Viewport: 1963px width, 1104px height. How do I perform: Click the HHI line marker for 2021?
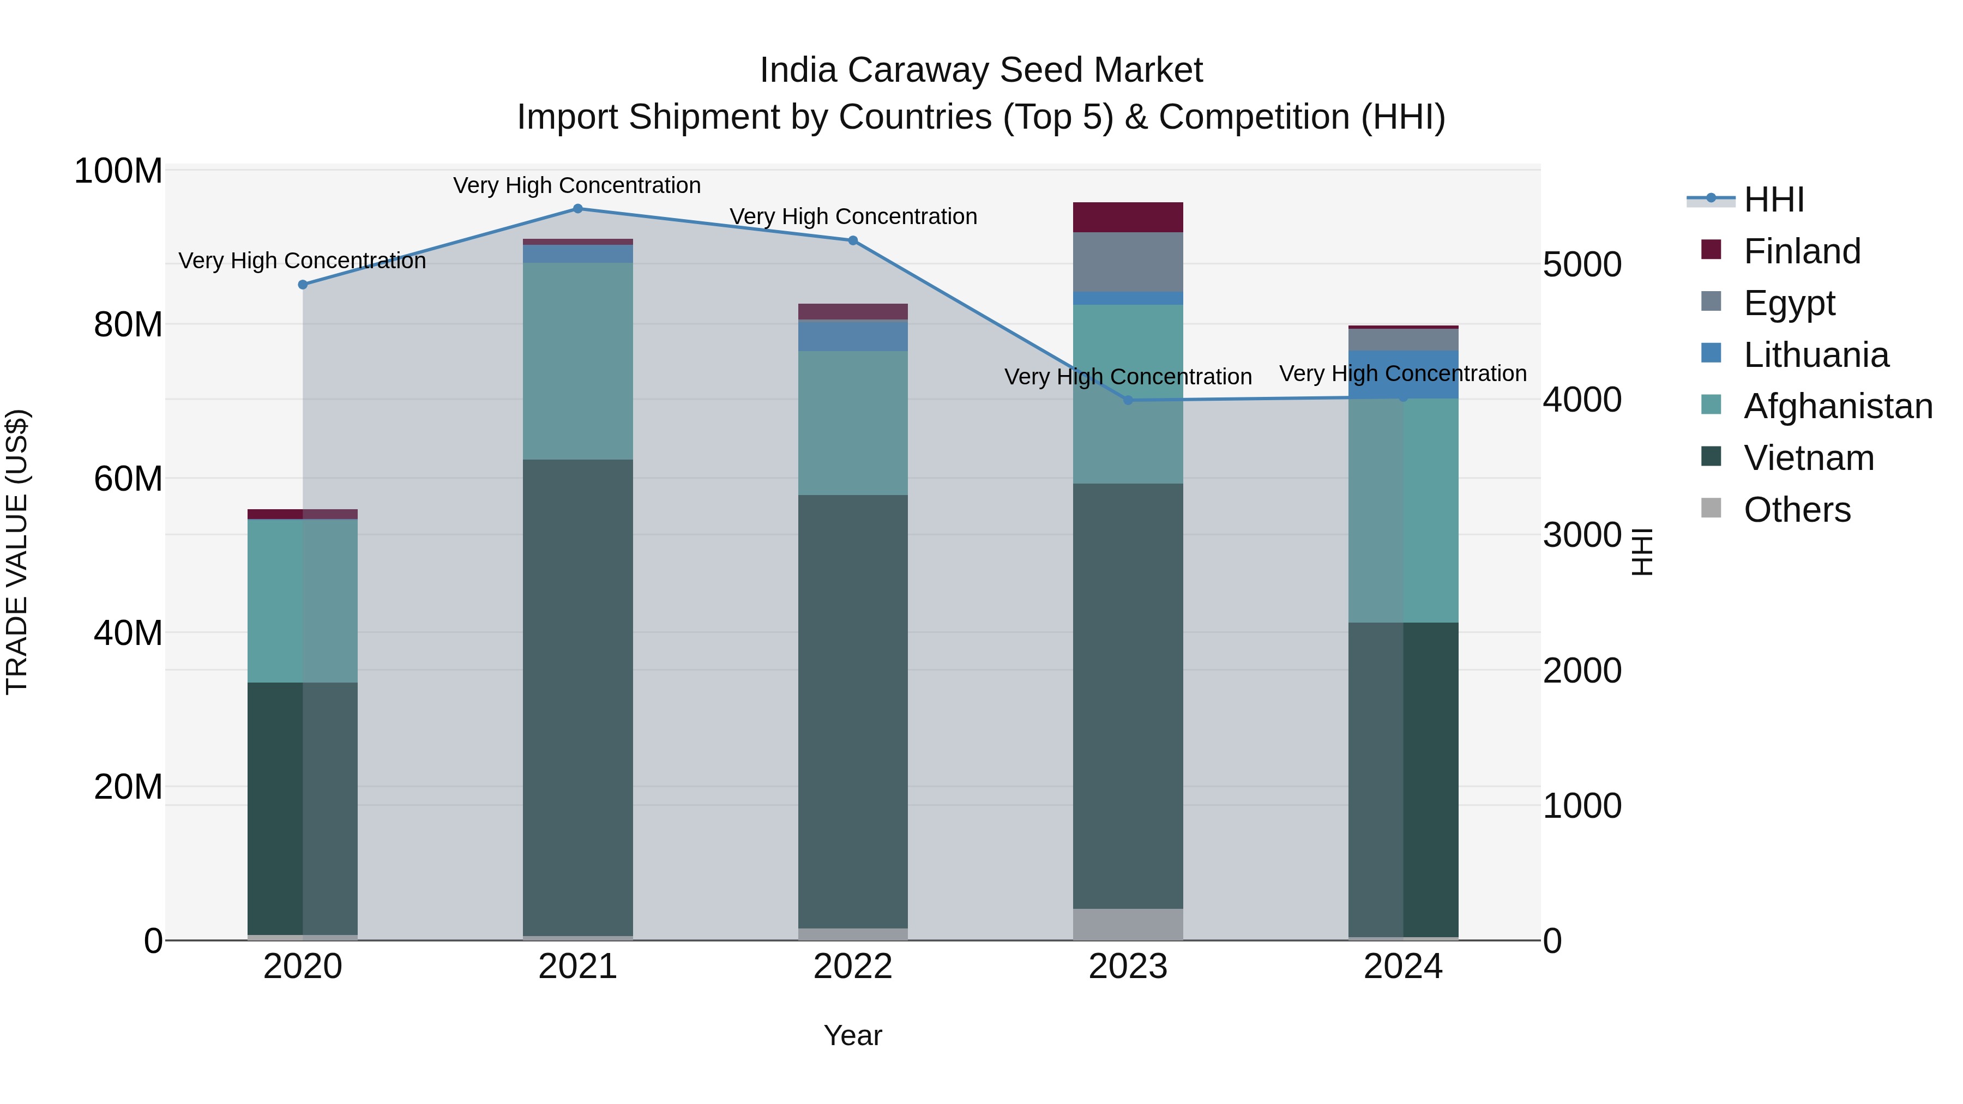(x=577, y=209)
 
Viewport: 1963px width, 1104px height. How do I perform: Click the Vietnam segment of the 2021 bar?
(x=577, y=697)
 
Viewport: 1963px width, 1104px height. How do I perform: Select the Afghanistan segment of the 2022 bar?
(x=853, y=423)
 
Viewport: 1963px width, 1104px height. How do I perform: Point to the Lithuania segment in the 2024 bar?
(x=1404, y=374)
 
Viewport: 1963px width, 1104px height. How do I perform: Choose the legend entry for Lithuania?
(x=1816, y=355)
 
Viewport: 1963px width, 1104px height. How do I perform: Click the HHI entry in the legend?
(x=1773, y=200)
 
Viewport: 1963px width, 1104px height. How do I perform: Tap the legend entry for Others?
(x=1796, y=510)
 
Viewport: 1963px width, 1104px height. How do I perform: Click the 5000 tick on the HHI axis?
(x=1582, y=265)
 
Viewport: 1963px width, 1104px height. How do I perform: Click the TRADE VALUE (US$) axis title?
(x=17, y=552)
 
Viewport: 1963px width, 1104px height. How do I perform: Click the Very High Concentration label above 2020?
(x=303, y=261)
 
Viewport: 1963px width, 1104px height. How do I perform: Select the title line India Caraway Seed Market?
(x=981, y=70)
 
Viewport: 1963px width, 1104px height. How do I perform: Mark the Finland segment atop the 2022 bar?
(x=853, y=311)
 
